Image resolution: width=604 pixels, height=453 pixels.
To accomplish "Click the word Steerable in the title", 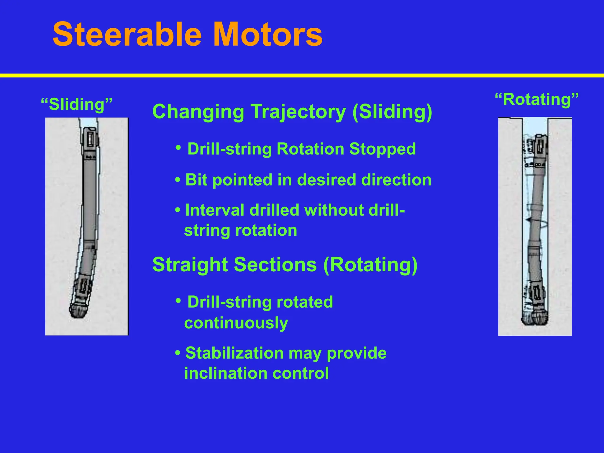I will (127, 35).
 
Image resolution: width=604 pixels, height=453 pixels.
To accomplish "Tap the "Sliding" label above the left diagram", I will (77, 104).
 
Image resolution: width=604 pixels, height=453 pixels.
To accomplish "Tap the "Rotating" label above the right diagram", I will (536, 99).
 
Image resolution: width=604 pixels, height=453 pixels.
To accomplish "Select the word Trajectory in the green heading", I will (299, 112).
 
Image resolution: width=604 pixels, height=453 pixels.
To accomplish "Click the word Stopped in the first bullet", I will (382, 149).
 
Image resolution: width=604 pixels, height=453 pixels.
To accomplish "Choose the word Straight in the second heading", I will (190, 264).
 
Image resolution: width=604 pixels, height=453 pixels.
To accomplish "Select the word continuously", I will (236, 323).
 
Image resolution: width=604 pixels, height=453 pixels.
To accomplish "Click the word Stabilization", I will (234, 353).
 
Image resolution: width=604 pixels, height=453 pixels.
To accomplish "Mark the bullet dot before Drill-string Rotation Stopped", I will (178, 147).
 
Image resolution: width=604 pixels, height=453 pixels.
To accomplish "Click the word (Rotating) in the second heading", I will (370, 264).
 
